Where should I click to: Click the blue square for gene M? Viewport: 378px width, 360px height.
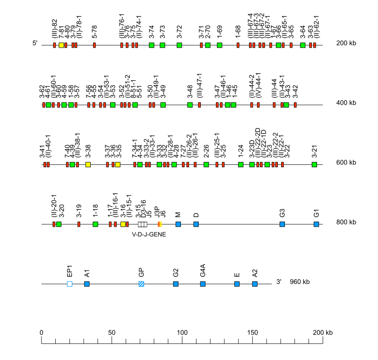[x=178, y=224]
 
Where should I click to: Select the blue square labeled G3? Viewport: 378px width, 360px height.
[x=282, y=224]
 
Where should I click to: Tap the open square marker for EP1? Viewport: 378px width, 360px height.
[x=69, y=284]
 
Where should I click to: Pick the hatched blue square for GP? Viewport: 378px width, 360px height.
[x=141, y=284]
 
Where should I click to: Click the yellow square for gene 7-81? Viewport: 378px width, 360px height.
[x=61, y=45]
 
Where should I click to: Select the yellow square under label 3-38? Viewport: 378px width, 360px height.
[x=88, y=164]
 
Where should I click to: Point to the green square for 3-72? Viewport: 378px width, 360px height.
[x=179, y=45]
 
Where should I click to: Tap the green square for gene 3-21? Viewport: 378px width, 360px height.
[x=314, y=164]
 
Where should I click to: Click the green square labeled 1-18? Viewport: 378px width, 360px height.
[x=95, y=224]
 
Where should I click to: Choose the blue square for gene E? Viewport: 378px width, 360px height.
[x=237, y=284]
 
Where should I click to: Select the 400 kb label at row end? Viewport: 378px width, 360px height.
[x=346, y=103]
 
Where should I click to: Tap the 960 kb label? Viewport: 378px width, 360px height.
[x=300, y=282]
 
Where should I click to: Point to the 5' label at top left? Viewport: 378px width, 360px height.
[x=35, y=43]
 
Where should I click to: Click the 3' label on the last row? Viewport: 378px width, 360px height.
[x=279, y=282]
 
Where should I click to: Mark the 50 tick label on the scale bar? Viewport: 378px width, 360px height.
[x=112, y=333]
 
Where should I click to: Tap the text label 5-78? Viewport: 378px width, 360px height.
[x=95, y=32]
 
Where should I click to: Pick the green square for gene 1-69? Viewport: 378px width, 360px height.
[x=220, y=45]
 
